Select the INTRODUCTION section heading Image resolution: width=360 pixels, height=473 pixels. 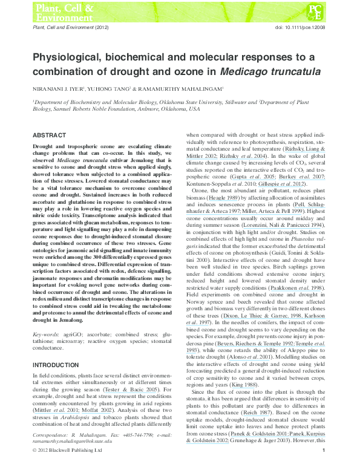[x=56, y=365]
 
